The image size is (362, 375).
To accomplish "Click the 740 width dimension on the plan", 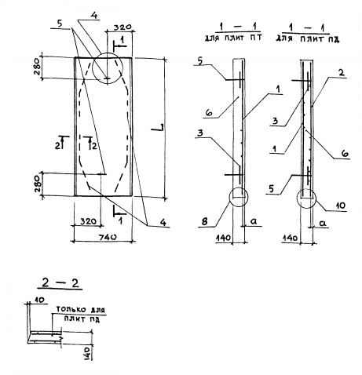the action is click(108, 237).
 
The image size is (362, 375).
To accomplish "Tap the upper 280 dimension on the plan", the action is click(37, 67).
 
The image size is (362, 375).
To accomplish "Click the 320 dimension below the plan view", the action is click(88, 221).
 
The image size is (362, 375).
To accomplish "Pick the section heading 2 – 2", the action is click(60, 283).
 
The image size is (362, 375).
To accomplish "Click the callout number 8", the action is click(204, 221).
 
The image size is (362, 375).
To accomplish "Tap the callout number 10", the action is click(340, 206).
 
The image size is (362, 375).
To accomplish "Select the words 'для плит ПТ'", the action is click(233, 38).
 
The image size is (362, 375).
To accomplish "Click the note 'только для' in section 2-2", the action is click(81, 310).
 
